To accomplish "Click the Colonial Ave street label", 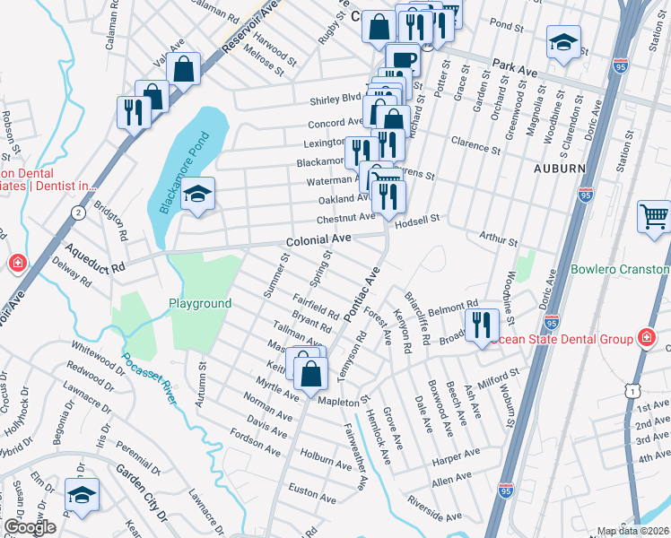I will coord(320,241).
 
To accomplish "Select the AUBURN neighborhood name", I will coord(559,169).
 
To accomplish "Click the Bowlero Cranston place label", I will coord(620,270).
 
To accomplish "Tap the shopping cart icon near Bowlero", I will coord(655,216).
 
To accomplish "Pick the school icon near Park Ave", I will coord(563,42).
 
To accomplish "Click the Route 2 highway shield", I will coord(79,212).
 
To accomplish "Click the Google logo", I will coord(30,527).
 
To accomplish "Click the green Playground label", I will coord(200,304).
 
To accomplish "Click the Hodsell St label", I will coord(418,218).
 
